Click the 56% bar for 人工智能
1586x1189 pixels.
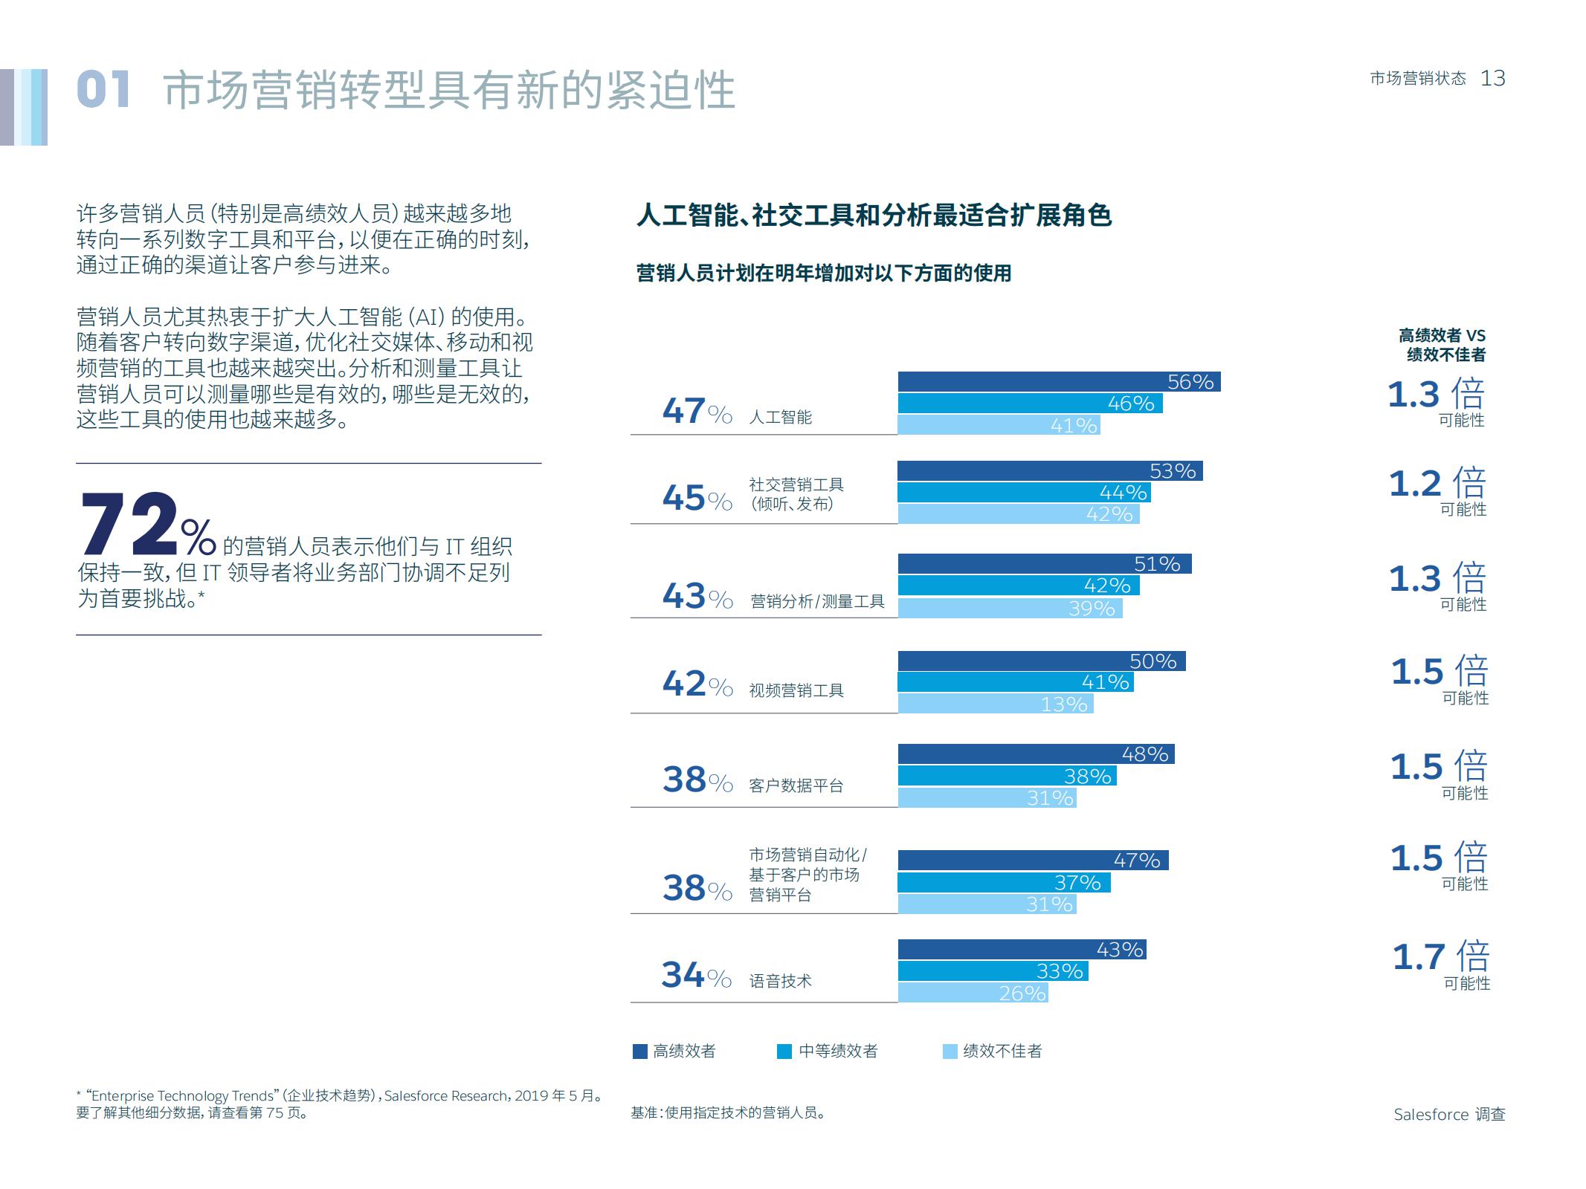click(x=1058, y=381)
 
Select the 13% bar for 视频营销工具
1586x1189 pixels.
click(x=995, y=704)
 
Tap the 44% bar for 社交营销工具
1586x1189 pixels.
click(x=1023, y=492)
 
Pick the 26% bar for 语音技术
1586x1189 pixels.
click(x=973, y=993)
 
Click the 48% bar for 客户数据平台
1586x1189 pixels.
click(x=1035, y=754)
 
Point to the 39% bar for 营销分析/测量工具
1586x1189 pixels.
click(x=1009, y=608)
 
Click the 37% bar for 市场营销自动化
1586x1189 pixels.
click(x=1003, y=882)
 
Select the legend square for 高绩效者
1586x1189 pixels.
click(x=639, y=1051)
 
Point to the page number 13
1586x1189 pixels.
click(x=1492, y=78)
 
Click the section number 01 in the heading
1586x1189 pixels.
click(x=103, y=90)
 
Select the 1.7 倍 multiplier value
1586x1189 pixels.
click(x=1440, y=956)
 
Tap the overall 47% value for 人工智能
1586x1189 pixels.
click(x=696, y=411)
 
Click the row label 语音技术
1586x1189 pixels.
click(x=780, y=981)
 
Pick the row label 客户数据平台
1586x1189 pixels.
click(x=796, y=785)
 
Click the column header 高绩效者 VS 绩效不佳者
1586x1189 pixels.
click(x=1442, y=345)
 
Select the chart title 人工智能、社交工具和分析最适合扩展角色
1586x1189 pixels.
click(x=874, y=216)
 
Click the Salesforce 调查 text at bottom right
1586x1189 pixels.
click(x=1448, y=1114)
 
